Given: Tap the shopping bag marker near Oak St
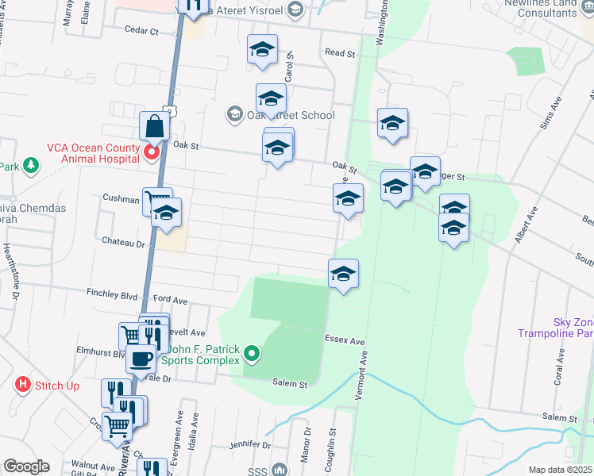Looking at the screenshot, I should (153, 126).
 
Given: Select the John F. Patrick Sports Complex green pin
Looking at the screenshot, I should (252, 353).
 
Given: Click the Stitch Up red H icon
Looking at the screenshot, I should (23, 386).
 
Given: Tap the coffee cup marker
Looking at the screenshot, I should (142, 359).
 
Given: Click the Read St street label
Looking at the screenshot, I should (340, 53).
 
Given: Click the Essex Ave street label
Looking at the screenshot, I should (345, 340).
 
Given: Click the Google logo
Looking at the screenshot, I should (26, 466).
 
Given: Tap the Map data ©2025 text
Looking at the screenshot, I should (561, 470).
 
